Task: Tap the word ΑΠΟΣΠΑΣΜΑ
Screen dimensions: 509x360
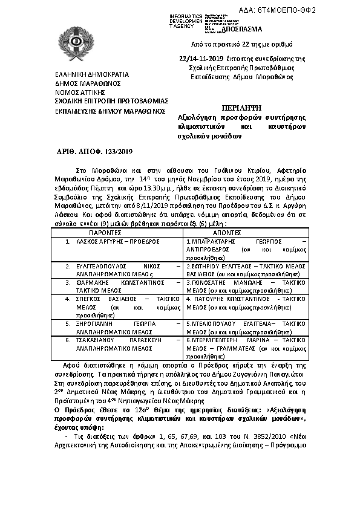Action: tap(242, 29)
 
